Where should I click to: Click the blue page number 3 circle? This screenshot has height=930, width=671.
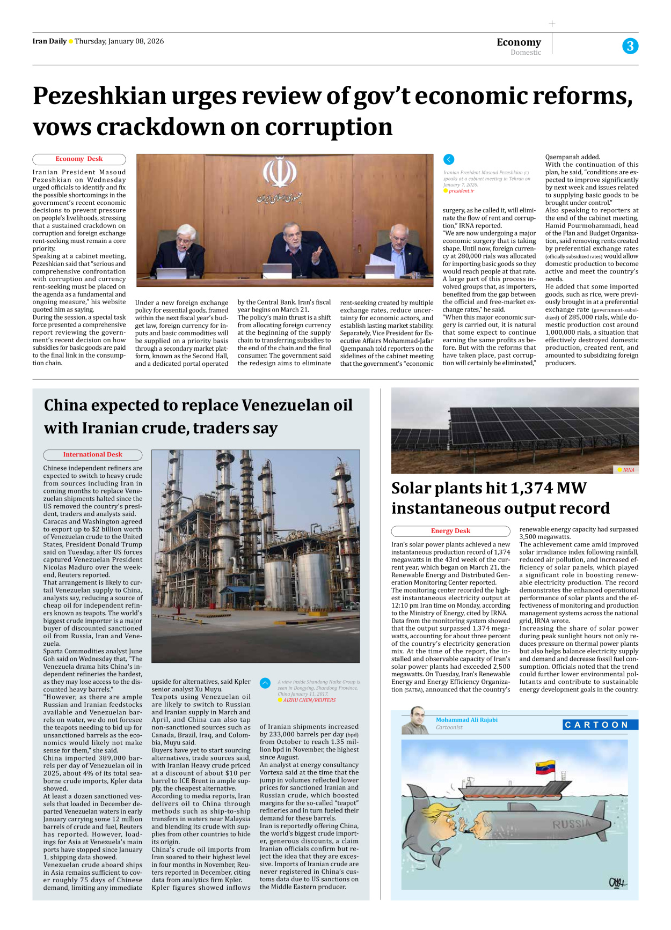[630, 46]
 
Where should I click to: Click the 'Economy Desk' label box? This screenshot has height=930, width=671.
[79, 159]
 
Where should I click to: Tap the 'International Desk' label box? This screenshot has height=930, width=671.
[92, 455]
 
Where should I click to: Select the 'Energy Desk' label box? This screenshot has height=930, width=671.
[450, 531]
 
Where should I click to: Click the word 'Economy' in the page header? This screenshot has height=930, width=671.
[519, 42]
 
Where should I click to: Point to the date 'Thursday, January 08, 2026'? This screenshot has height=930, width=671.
[119, 41]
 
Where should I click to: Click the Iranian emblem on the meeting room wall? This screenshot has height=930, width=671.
[279, 172]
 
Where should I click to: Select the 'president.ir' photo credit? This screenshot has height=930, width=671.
[461, 191]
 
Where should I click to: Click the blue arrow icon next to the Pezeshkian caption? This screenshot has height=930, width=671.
[449, 159]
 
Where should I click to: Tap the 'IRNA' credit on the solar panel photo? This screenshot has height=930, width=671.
[628, 470]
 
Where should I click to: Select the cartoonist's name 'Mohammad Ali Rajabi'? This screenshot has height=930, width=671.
[466, 720]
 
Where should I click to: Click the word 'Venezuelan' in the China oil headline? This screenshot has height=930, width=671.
[263, 405]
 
